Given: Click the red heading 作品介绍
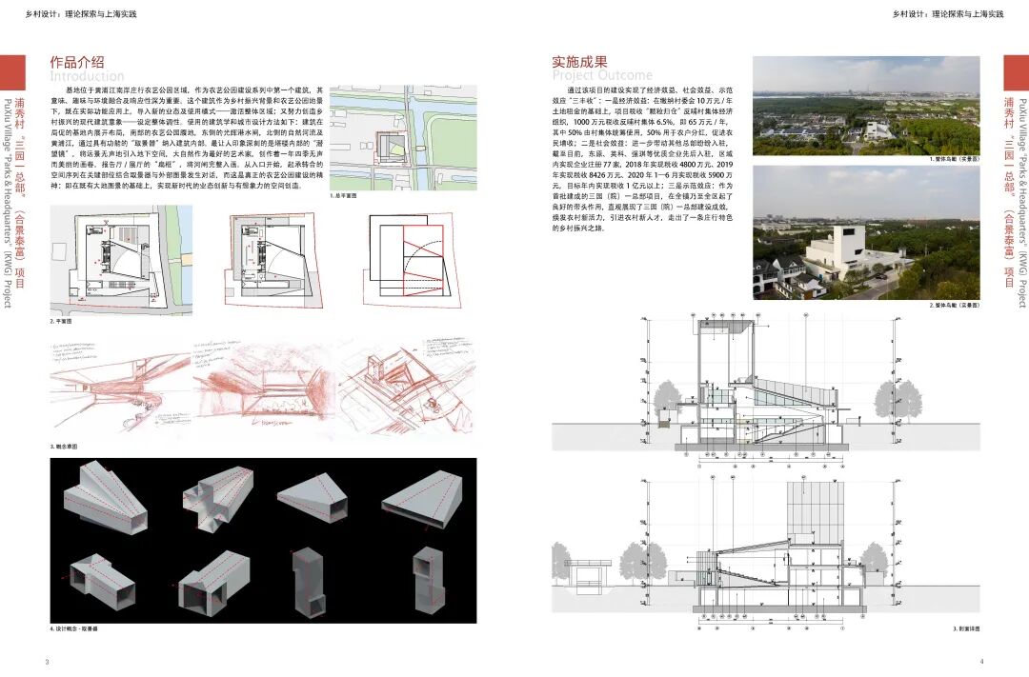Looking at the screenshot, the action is (x=77, y=62).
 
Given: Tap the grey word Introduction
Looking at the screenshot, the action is (x=87, y=76).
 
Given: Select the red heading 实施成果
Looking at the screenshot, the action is (x=579, y=62).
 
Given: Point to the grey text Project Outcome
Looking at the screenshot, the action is (x=602, y=75).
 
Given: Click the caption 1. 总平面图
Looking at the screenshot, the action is (x=343, y=194).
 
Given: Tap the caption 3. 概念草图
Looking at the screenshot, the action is (x=66, y=446).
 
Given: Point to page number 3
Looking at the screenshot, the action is (x=47, y=661).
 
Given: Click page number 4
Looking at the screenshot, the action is (x=981, y=661).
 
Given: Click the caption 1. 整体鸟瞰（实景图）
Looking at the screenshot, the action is (x=954, y=159).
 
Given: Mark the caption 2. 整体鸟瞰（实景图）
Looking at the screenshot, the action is (x=954, y=305).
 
